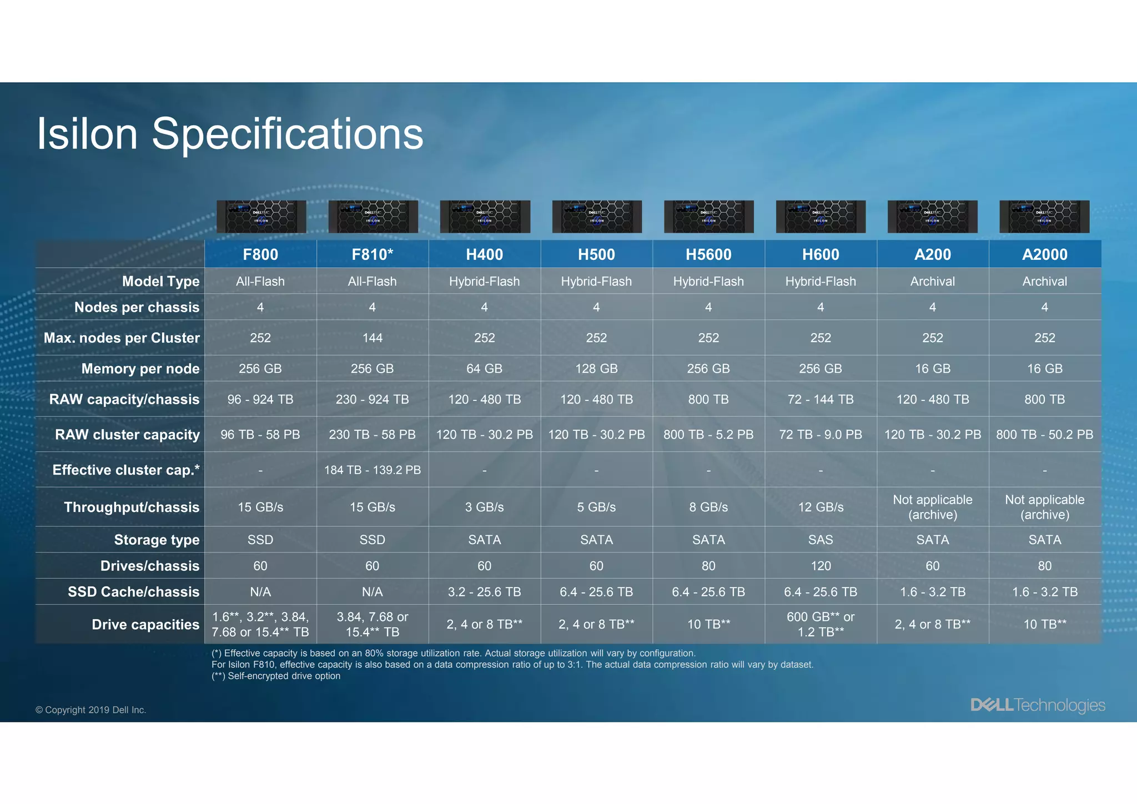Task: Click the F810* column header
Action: [x=372, y=254]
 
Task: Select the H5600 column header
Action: [x=708, y=254]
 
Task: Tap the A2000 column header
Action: [x=1044, y=254]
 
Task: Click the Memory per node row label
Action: [x=140, y=369]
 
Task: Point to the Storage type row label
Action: [x=157, y=540]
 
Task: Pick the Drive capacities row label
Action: [x=145, y=625]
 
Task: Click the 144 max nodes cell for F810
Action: [x=372, y=338]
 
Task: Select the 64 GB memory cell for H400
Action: [x=484, y=369]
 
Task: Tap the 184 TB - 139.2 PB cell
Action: [x=372, y=470]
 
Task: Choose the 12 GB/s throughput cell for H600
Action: [x=821, y=507]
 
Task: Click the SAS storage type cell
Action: [x=821, y=540]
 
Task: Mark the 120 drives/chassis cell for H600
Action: [x=821, y=566]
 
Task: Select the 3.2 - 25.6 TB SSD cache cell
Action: [x=484, y=592]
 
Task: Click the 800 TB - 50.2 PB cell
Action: [x=1044, y=434]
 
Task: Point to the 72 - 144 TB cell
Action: [x=821, y=399]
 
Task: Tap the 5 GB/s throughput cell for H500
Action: [x=596, y=507]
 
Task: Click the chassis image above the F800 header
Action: [x=261, y=217]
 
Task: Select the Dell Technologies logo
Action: [x=1038, y=705]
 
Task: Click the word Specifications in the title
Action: [x=287, y=134]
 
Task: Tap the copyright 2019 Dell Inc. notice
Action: [x=90, y=710]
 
